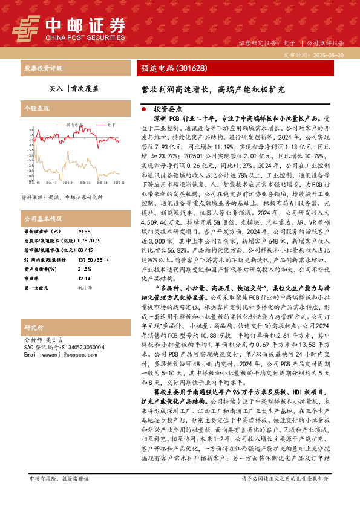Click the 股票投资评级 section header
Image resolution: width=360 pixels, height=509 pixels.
point(44,68)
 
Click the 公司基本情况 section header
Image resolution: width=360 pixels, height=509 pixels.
point(44,218)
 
